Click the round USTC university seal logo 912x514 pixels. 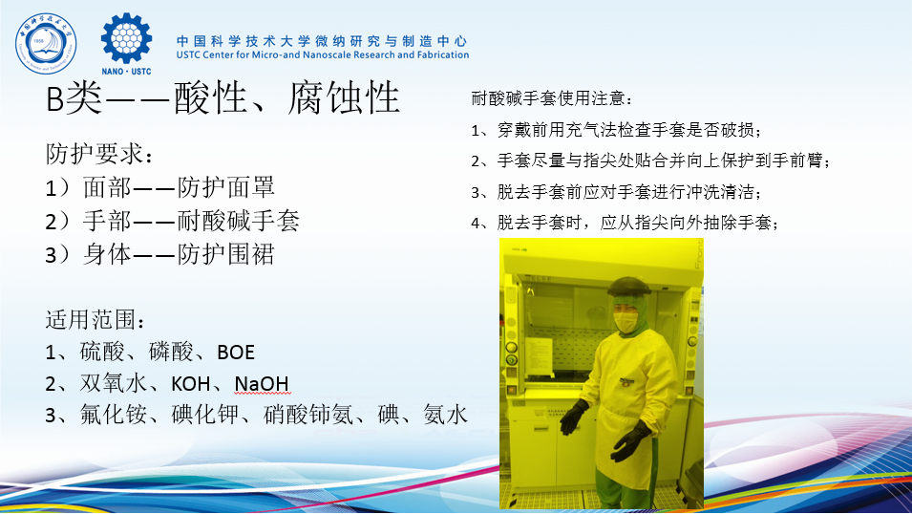tap(46, 44)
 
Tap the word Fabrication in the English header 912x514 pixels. tap(442, 54)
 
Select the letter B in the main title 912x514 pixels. tap(54, 99)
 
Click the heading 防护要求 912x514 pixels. tap(94, 154)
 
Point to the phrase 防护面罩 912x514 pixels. tap(225, 187)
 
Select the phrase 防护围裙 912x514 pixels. tap(225, 254)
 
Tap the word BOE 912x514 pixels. tap(236, 353)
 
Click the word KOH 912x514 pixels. tap(190, 384)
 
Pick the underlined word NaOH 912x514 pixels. tap(262, 384)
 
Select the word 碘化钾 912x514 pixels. tap(204, 415)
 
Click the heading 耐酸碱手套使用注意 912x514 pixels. tap(547, 98)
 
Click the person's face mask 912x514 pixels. tap(626, 322)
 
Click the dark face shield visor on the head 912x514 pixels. tap(628, 287)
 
